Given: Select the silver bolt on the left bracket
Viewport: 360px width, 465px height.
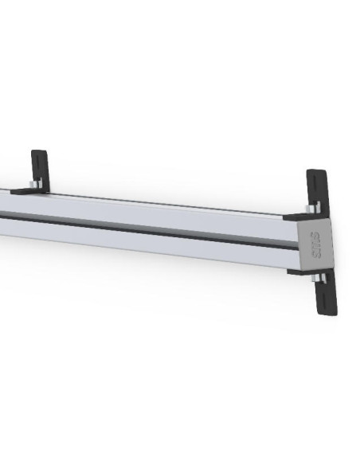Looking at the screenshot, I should (x=30, y=186).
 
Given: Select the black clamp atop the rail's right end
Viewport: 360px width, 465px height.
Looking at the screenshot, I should (x=299, y=216).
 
